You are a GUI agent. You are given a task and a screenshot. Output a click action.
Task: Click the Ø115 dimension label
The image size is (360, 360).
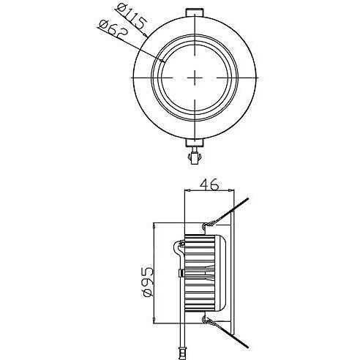pyautogui.click(x=132, y=17)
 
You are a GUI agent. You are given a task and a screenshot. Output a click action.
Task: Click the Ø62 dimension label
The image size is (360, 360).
pyautogui.click(x=113, y=31)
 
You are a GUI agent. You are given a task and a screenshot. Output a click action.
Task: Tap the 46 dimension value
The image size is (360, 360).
pyautogui.click(x=209, y=184)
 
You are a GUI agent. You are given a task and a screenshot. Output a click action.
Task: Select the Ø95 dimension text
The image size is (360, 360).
pyautogui.click(x=147, y=282)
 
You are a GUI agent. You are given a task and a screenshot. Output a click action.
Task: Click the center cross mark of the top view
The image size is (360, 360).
pyautogui.click(x=195, y=78)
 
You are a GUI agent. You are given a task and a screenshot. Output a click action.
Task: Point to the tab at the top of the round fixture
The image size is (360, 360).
pyautogui.click(x=195, y=12)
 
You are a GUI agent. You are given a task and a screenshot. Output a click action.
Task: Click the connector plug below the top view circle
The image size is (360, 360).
pyautogui.click(x=195, y=157)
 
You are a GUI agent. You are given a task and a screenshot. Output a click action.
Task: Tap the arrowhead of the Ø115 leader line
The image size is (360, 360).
pyautogui.click(x=146, y=36)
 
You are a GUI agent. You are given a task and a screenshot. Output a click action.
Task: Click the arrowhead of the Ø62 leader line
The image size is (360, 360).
pyautogui.click(x=163, y=60)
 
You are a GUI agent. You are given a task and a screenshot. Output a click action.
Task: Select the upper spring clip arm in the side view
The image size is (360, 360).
pyautogui.click(x=226, y=211)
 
